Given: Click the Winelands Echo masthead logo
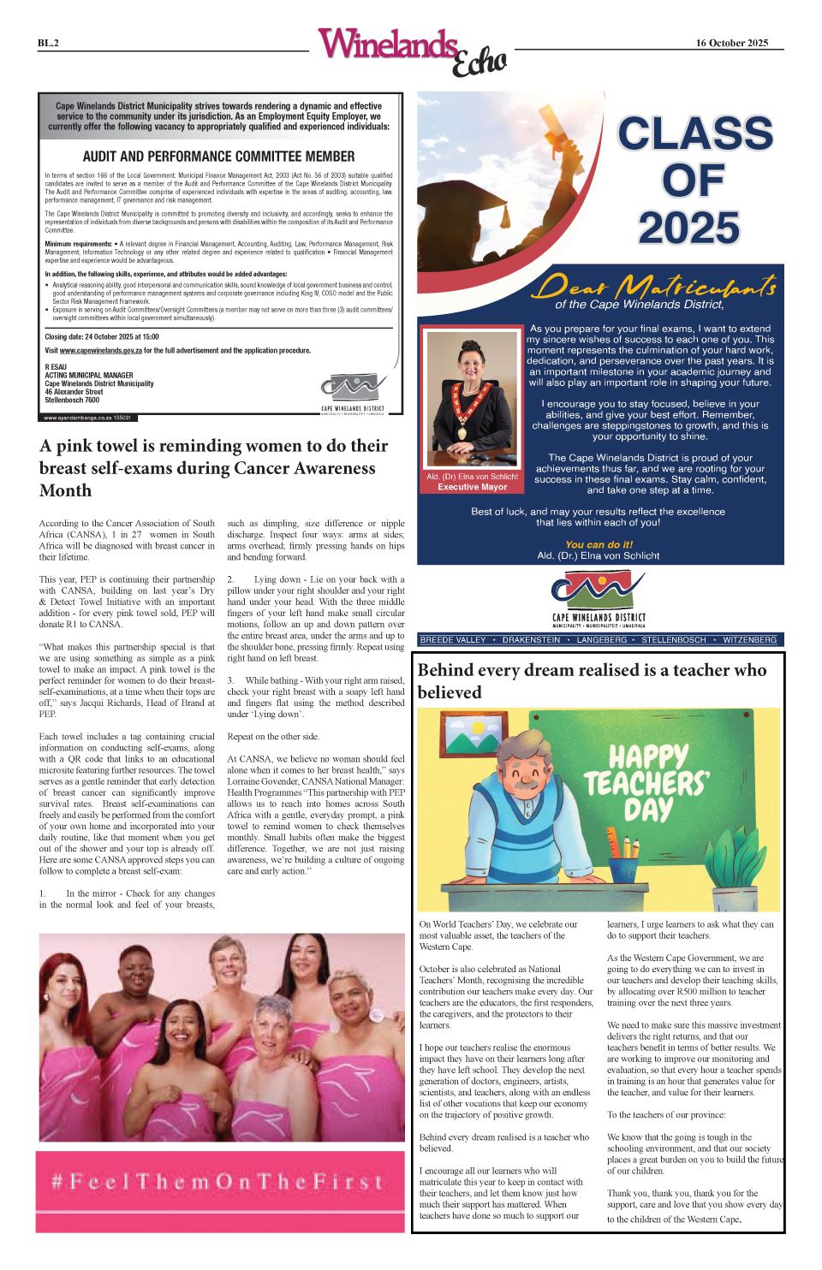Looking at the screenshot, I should (411, 50).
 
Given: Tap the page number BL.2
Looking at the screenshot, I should (48, 43).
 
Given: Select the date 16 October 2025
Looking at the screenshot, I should (731, 43).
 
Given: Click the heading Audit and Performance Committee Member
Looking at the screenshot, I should (218, 157).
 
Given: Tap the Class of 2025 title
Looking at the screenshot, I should (694, 181).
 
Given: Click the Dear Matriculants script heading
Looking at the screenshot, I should (654, 287).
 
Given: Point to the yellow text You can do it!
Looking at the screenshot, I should (599, 544).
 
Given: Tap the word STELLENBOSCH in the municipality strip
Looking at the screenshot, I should (674, 640).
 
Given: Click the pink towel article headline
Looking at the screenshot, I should (214, 468).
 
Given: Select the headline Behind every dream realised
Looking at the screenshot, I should (593, 680).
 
